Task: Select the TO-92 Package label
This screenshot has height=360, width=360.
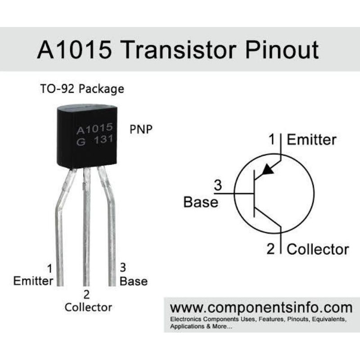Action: [x=81, y=89]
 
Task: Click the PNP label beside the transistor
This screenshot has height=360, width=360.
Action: [x=141, y=129]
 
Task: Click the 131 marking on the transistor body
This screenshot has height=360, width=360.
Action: [x=103, y=140]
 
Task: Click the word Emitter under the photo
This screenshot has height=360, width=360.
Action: [x=33, y=281]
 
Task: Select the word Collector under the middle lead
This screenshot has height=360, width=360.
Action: [x=88, y=307]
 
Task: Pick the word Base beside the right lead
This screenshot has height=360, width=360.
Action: [x=134, y=281]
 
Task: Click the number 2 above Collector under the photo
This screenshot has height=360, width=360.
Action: [x=86, y=295]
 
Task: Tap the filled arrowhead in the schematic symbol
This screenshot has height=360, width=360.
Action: [x=268, y=169]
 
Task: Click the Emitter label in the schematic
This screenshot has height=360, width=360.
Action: [x=311, y=139]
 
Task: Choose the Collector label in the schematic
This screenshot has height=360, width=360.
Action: [x=318, y=249]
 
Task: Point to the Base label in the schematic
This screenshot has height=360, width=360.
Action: [x=201, y=202]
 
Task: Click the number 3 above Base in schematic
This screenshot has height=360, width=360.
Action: [x=218, y=185]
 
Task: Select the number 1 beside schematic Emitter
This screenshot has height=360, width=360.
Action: [x=272, y=139]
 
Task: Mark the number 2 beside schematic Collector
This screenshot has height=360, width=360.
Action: [x=270, y=249]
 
